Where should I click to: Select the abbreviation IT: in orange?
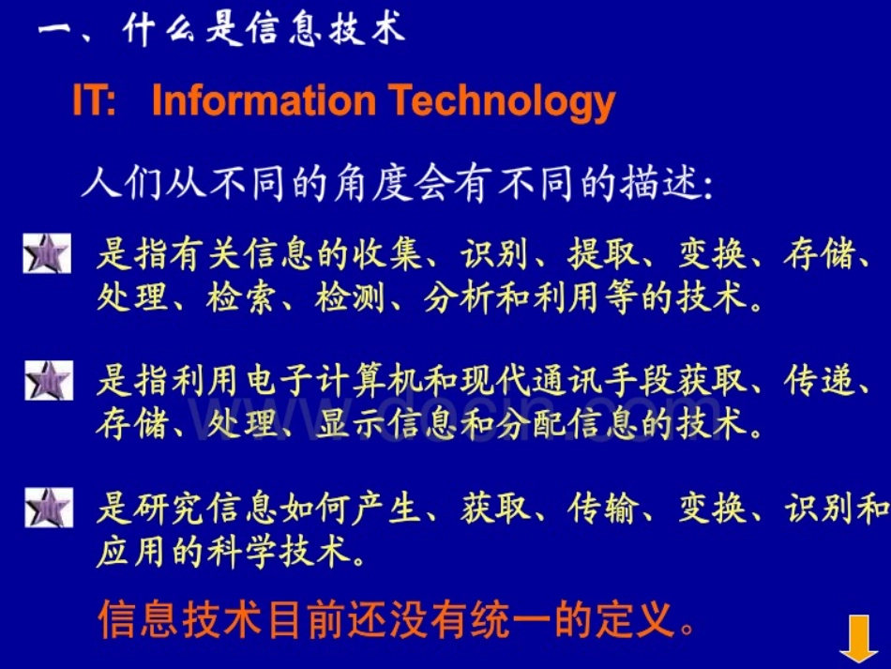pos(94,101)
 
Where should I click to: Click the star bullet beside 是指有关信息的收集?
pos(47,255)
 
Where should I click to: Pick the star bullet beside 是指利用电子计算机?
pos(47,382)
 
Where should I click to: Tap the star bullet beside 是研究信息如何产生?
pos(47,509)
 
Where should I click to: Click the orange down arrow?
pos(858,638)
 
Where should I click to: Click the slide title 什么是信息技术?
pos(264,30)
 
